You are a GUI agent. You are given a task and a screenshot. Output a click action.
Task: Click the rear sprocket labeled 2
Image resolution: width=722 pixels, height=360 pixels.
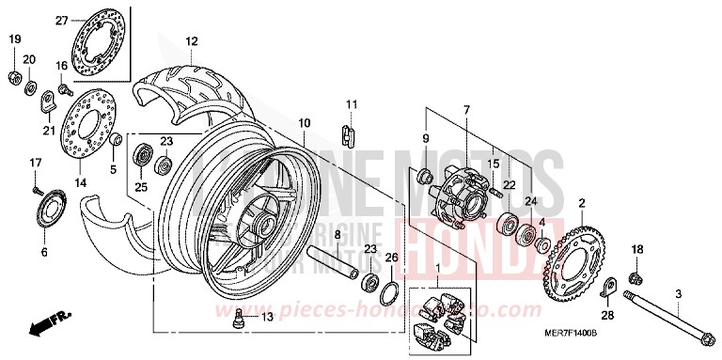click(573, 256)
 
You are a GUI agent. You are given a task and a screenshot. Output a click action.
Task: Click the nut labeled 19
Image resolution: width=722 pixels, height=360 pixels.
click(14, 74)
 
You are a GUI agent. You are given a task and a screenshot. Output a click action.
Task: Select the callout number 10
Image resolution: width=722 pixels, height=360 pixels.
click(304, 123)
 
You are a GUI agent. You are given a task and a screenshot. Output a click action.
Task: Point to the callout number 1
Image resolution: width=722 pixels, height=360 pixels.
click(436, 270)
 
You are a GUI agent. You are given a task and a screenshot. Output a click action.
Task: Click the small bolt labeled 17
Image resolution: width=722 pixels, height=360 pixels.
click(37, 190)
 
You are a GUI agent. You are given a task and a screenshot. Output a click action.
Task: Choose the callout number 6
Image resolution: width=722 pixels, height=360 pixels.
click(43, 253)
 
